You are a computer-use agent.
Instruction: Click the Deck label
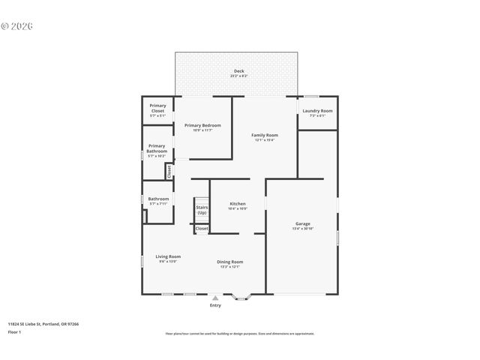(238, 71)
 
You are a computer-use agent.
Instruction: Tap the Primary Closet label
(157, 109)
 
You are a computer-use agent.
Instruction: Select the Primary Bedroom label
(202, 125)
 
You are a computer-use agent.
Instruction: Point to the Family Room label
(264, 135)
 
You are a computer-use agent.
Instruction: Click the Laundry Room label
(317, 112)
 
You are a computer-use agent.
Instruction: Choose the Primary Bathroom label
(157, 148)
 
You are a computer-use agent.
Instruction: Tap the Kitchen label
(238, 204)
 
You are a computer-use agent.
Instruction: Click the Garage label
(303, 223)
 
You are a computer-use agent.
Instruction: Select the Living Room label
(168, 256)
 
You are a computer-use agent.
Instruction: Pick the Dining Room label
(229, 262)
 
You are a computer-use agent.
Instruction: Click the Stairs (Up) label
(202, 210)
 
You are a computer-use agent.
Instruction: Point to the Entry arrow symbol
(215, 298)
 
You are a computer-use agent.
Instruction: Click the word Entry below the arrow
(215, 305)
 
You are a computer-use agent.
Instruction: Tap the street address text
(43, 324)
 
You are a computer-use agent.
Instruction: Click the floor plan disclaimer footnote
(239, 334)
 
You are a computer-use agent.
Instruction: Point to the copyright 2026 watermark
(17, 25)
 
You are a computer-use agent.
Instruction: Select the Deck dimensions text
(238, 76)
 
